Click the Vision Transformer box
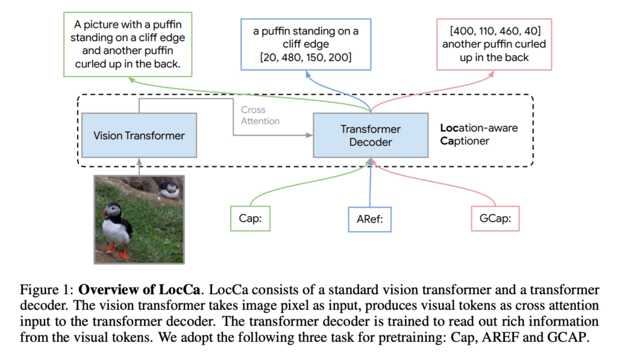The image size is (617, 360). (x=139, y=136)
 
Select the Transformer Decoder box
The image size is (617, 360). (x=371, y=136)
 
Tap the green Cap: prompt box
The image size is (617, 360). (x=250, y=218)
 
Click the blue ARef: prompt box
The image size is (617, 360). (x=369, y=219)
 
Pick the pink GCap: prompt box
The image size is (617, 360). (x=495, y=218)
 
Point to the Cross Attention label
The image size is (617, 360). (x=260, y=115)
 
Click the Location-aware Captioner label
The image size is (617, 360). (x=479, y=134)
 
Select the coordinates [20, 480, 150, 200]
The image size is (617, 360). (x=305, y=57)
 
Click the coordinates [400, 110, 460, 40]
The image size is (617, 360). (x=495, y=31)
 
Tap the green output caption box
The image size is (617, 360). (x=128, y=44)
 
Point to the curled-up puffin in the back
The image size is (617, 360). (x=169, y=189)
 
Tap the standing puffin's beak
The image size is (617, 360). (x=104, y=213)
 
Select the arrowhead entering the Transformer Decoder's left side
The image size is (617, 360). (x=310, y=135)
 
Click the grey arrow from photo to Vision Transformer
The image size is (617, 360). (x=139, y=166)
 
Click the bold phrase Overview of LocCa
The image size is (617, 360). (x=139, y=289)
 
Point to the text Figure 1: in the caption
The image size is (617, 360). (x=47, y=290)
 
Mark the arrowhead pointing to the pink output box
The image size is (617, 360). (x=491, y=74)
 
